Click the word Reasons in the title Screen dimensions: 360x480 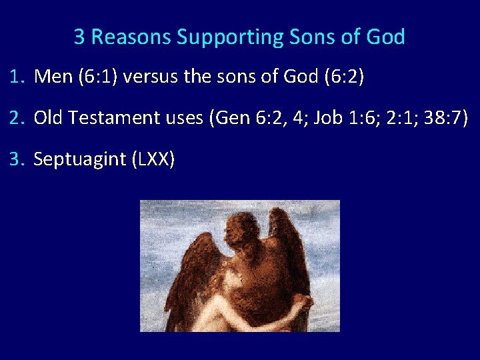click(x=131, y=37)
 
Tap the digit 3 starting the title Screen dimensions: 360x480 click(x=79, y=37)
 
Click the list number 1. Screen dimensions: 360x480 click(x=17, y=77)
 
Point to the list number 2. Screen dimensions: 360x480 click(x=17, y=118)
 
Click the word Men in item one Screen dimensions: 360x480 click(x=53, y=77)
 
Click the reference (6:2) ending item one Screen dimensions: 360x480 click(x=342, y=77)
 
